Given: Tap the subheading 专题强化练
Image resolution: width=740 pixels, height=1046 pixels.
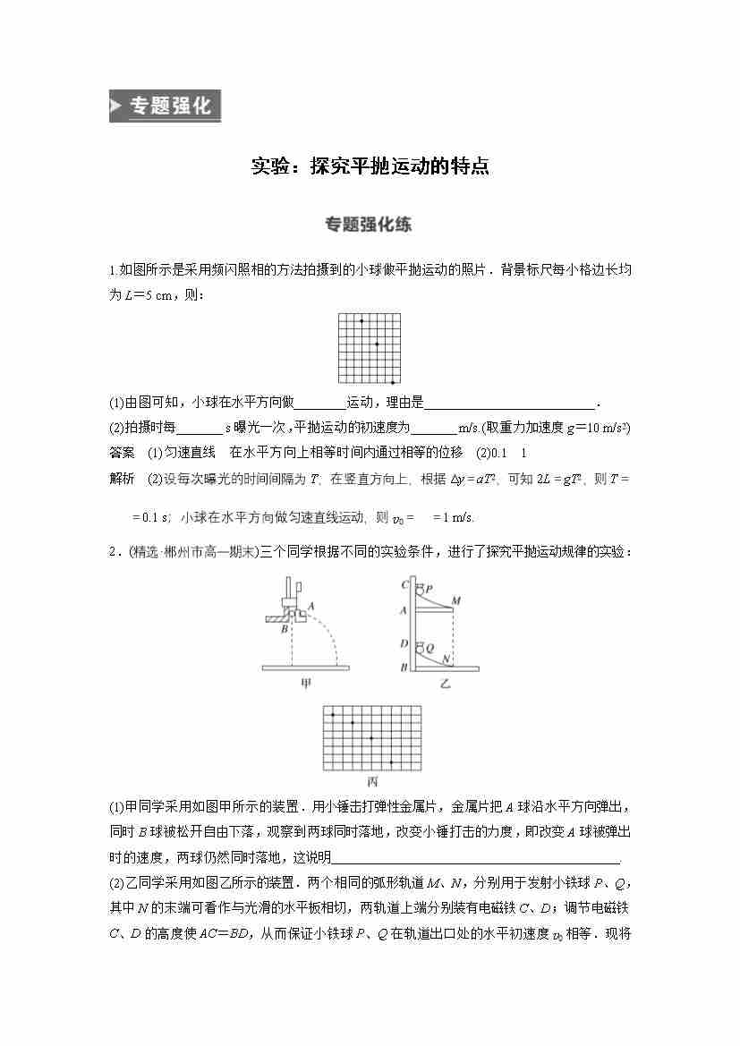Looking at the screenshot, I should pyautogui.click(x=369, y=225).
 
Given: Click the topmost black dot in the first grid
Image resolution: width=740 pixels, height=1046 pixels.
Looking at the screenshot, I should pyautogui.click(x=361, y=320).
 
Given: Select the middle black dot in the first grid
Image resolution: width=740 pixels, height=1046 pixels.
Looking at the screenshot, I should pyautogui.click(x=377, y=344).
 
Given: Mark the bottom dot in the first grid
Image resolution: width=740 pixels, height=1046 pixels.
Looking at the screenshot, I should pyautogui.click(x=393, y=382).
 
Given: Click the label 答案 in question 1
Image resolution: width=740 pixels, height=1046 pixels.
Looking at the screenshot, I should pyautogui.click(x=122, y=451).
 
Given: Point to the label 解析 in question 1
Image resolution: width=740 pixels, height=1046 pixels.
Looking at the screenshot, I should pyautogui.click(x=122, y=479).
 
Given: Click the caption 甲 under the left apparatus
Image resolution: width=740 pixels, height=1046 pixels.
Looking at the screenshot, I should pyautogui.click(x=306, y=684).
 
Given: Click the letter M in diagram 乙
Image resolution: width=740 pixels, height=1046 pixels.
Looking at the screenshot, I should pyautogui.click(x=456, y=600).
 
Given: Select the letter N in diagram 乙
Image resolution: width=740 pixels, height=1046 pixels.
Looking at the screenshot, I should pyautogui.click(x=446, y=658).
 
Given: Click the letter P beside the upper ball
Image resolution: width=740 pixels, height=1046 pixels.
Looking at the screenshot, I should pyautogui.click(x=430, y=589).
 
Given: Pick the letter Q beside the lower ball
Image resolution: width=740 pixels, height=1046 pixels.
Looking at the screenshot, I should pyautogui.click(x=430, y=647).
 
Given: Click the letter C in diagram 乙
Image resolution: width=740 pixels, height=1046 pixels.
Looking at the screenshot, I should pyautogui.click(x=405, y=585).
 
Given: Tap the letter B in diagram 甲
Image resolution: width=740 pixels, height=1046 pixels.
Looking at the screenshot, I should pyautogui.click(x=284, y=629).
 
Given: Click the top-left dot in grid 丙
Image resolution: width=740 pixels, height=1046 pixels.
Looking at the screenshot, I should pyautogui.click(x=333, y=715).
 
